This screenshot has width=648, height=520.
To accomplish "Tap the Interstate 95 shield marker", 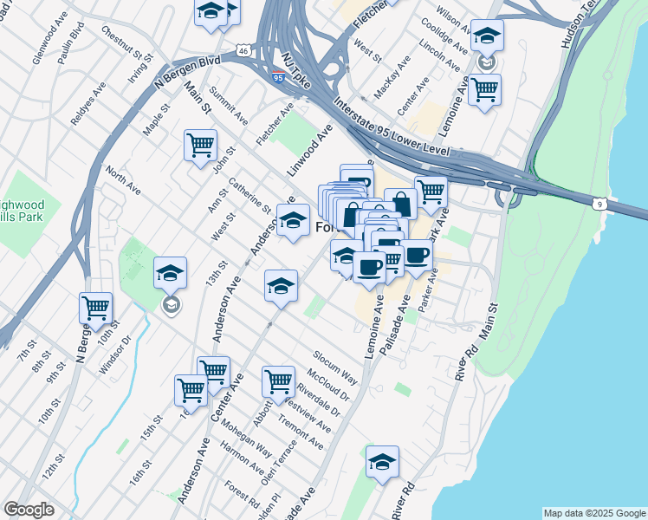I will (277, 78).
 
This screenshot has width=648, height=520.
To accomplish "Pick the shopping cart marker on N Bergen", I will (95, 307).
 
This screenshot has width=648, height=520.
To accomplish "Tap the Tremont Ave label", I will (301, 432).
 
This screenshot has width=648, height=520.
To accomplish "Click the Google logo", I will (29, 510).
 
